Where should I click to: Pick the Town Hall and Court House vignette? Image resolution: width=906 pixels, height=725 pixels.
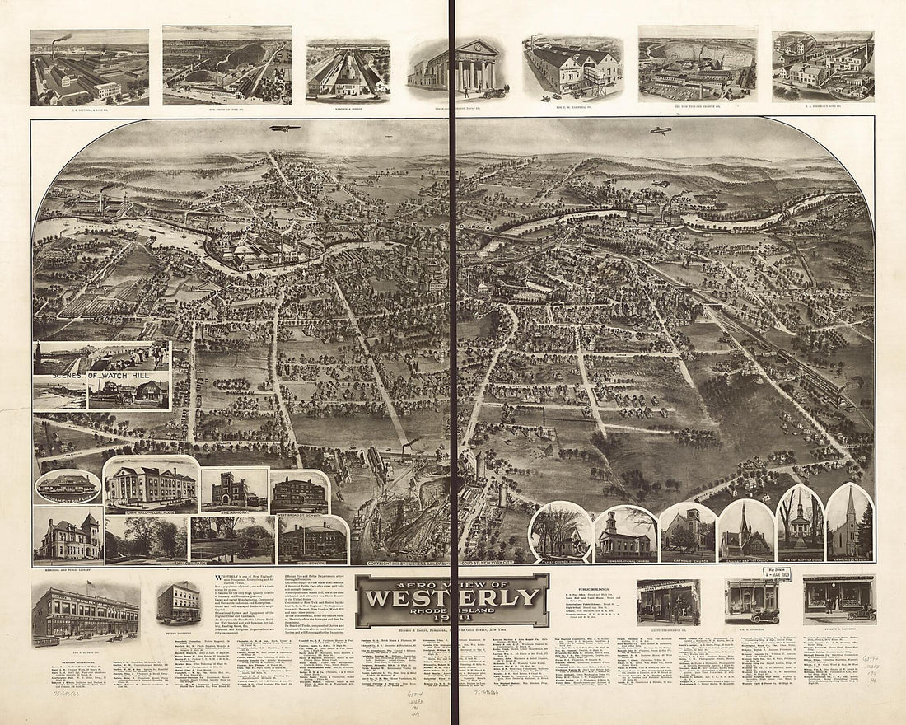pyautogui.click(x=151, y=485)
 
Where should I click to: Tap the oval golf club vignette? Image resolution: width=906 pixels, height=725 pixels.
pyautogui.click(x=68, y=486)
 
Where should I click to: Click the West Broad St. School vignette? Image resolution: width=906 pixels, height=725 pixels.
pyautogui.click(x=299, y=494)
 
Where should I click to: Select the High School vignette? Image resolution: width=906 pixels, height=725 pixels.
pyautogui.click(x=312, y=540)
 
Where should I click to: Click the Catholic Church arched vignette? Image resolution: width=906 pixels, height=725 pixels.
pyautogui.click(x=688, y=531)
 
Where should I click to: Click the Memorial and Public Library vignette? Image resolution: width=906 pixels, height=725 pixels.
pyautogui.click(x=68, y=535)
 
